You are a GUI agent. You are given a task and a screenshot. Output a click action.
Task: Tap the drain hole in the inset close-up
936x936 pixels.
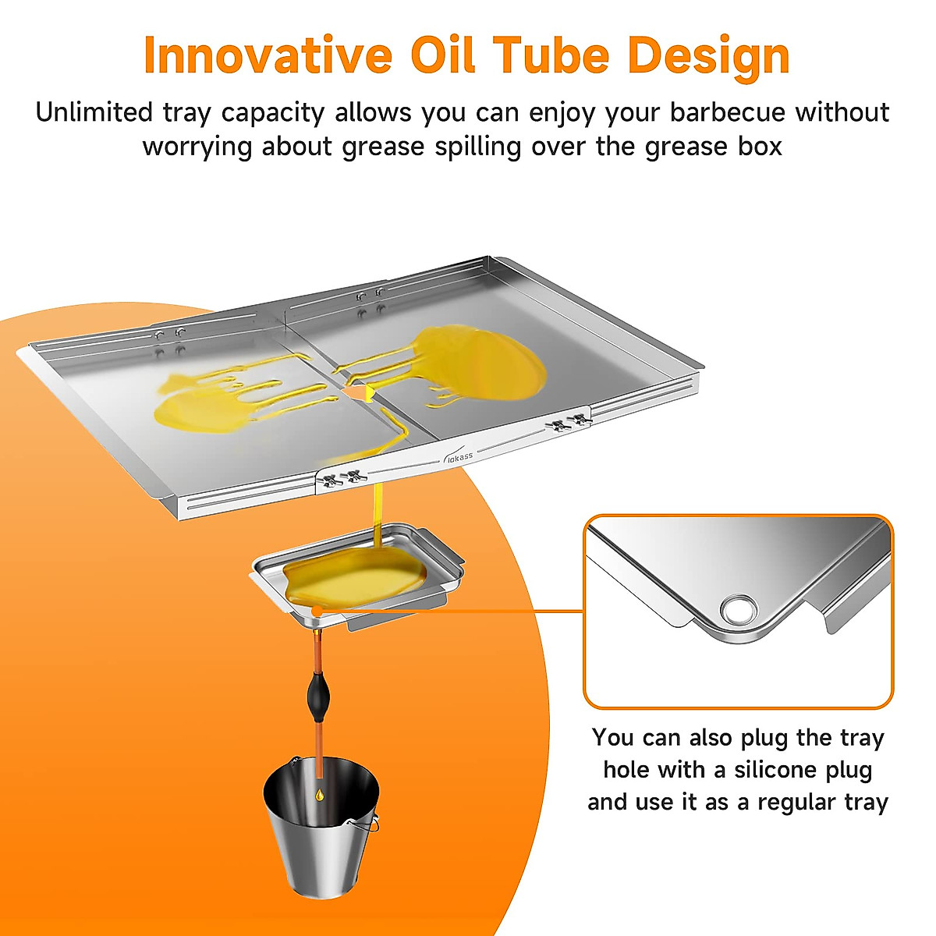pyautogui.click(x=736, y=608)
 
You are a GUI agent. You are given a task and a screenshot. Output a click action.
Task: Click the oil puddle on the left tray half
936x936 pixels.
pyautogui.click(x=195, y=406)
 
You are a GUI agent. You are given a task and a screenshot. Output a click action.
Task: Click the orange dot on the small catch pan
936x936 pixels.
pyautogui.click(x=317, y=609)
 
